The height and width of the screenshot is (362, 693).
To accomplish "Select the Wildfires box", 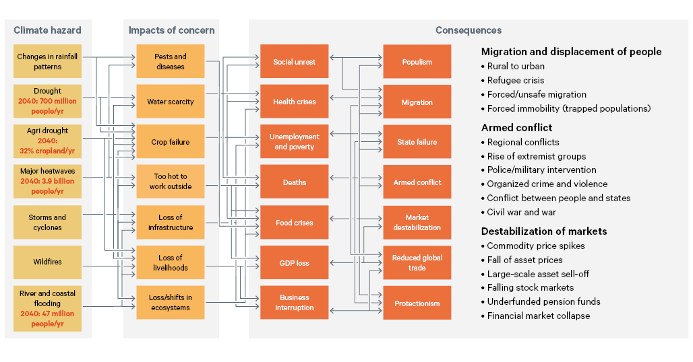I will coord(47,262).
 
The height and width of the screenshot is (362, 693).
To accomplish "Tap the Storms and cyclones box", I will coord(47,222).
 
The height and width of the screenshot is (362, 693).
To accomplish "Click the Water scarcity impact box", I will coord(171,102).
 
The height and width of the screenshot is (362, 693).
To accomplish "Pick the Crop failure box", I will coord(171,142).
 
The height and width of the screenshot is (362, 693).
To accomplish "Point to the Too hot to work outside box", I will coord(171,182).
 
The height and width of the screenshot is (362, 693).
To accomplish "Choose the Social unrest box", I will coord(294,62).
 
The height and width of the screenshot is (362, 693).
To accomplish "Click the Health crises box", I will coord(294,102).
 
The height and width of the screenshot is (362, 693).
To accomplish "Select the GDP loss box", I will coord(294,263).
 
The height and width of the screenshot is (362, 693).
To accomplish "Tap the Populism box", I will coord(417,62).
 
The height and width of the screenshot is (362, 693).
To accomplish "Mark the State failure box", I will coord(417,142).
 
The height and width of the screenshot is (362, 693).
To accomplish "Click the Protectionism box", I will coord(417,303).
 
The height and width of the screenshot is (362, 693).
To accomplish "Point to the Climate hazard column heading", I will coord(47,30).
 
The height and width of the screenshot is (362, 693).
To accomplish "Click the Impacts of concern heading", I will coord(171,30).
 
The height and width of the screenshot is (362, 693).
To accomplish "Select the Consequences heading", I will coord(469,30).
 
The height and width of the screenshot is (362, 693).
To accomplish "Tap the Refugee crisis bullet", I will coord(516,80).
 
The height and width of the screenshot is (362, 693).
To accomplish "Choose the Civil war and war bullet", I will coord(520,212).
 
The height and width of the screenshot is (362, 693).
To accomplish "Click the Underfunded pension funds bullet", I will coord(543,301).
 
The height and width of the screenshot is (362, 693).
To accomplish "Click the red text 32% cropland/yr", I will coord(47,151).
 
